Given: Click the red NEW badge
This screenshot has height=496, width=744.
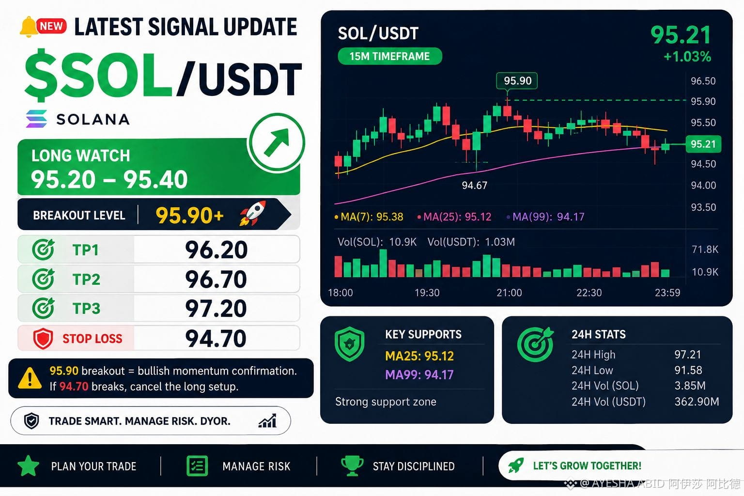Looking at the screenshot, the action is (51, 26).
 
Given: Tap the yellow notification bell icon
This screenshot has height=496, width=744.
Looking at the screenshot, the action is (28, 27).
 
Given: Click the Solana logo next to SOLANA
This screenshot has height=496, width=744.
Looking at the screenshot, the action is (36, 119).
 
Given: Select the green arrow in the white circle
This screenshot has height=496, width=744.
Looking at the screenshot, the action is (277, 142).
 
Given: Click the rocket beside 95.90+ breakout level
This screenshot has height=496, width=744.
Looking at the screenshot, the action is (253, 213).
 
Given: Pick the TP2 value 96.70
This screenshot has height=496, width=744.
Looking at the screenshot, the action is (216, 279).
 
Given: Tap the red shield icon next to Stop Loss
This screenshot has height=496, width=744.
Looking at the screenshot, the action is (43, 339).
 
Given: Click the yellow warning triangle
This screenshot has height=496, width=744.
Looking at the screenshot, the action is (30, 378).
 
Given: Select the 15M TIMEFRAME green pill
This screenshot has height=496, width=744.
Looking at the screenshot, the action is (389, 56).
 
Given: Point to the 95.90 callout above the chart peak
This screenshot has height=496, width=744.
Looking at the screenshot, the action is (517, 81).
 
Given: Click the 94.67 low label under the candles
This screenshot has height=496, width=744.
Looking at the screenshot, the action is (474, 186).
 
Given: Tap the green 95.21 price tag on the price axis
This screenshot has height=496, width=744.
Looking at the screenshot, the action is (703, 144).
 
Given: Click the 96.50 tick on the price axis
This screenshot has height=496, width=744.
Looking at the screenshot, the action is (703, 81).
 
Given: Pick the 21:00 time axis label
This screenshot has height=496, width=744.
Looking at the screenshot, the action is (509, 293).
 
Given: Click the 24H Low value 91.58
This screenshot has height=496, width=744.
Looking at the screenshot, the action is (688, 370).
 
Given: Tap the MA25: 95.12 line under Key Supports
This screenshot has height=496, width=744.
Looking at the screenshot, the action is (419, 356).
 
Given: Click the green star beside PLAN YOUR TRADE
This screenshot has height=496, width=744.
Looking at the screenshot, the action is (29, 466).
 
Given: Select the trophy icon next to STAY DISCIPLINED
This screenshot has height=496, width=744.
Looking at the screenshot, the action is (352, 466).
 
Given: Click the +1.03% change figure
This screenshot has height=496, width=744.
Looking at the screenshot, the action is (687, 57).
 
